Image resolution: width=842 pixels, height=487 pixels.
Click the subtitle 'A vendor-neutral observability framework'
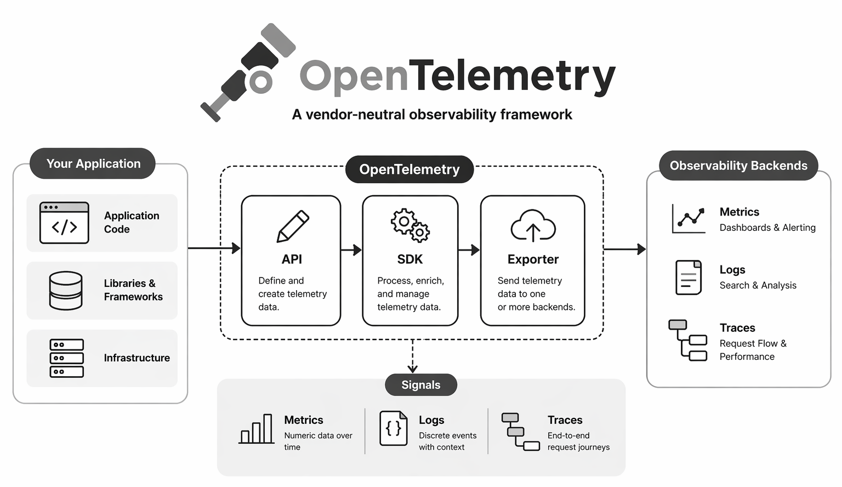point(432,115)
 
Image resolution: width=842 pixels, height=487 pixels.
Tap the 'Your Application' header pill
point(93,163)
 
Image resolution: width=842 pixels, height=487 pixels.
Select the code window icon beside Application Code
point(64,223)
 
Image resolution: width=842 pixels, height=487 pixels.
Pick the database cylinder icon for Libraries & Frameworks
point(66,291)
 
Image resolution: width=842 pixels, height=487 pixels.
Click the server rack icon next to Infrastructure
point(66,358)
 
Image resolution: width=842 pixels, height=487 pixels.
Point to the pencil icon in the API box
point(293,226)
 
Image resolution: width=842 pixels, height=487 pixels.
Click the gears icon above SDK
point(410,225)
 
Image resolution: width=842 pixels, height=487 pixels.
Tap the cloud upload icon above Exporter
point(533,226)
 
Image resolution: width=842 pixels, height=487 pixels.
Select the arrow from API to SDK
point(351,250)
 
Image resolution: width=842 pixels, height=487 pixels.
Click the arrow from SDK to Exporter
point(469,250)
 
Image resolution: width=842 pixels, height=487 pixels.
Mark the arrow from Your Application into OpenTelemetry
point(214,248)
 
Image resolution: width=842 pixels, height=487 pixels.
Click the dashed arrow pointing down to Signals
point(413,356)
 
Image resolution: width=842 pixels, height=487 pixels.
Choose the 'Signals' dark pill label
point(421,385)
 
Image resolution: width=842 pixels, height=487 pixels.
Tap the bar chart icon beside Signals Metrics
point(257,429)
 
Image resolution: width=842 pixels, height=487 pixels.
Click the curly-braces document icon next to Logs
point(394,428)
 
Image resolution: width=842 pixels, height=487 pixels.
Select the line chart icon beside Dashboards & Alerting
point(689,218)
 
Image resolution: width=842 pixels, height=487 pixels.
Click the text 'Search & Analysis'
point(758,285)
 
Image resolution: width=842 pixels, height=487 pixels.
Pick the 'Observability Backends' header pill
point(738,166)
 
